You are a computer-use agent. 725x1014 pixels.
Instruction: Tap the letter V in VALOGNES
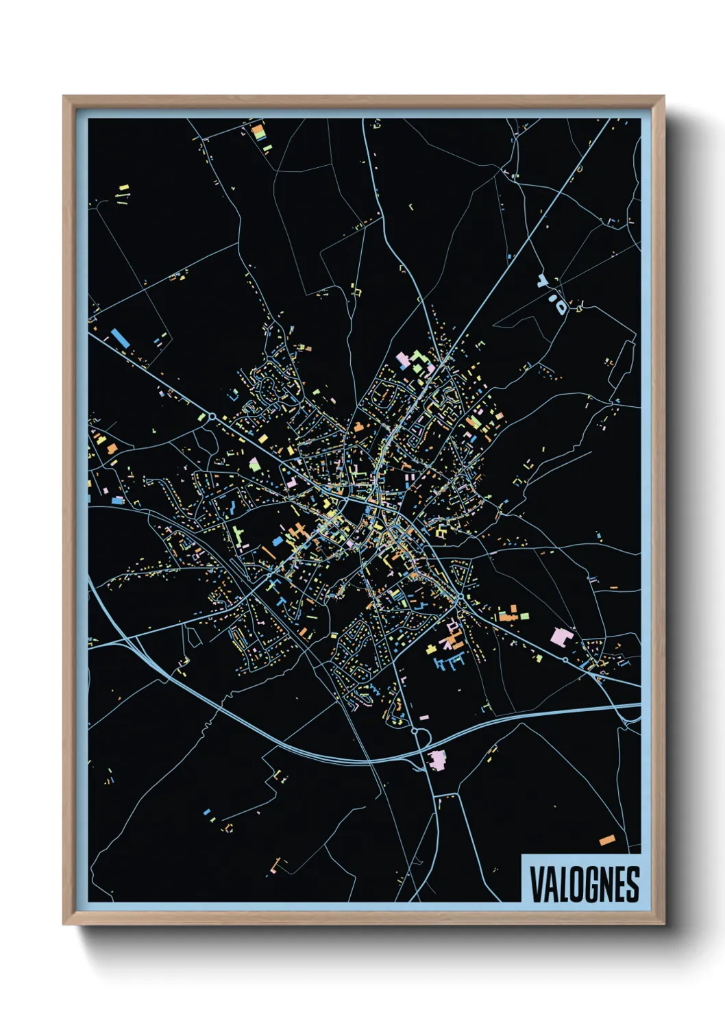click(534, 884)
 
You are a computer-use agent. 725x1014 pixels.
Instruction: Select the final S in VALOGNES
click(632, 884)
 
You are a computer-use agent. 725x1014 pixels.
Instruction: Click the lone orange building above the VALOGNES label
click(607, 840)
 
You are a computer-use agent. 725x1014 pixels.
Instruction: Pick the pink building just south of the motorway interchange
click(436, 759)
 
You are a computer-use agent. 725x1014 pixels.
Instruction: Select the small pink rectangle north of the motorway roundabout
click(423, 717)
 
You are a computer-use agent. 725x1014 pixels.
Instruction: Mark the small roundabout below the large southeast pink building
click(564, 660)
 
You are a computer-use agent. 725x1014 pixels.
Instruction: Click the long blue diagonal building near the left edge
click(119, 338)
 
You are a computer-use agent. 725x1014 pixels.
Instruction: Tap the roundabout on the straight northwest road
click(212, 416)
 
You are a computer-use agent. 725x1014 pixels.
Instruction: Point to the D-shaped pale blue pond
click(561, 306)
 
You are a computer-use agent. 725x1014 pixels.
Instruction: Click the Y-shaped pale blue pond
click(544, 281)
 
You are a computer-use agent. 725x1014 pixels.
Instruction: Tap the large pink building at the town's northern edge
click(404, 358)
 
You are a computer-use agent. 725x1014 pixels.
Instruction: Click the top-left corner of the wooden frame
click(64, 97)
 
